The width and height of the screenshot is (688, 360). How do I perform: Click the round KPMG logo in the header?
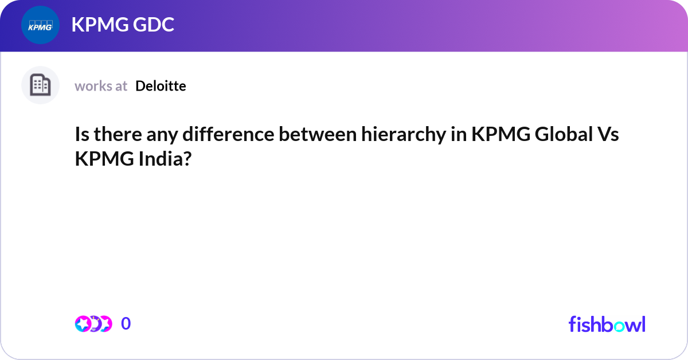tap(40, 25)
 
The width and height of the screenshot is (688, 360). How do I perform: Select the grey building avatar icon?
tap(40, 85)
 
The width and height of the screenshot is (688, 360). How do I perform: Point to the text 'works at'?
tap(101, 86)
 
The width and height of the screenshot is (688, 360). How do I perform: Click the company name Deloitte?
tap(161, 86)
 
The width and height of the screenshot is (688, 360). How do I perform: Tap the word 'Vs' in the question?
tap(607, 136)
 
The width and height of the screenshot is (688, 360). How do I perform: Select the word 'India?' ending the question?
tap(164, 159)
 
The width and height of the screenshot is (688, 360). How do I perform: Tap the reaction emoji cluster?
tap(93, 324)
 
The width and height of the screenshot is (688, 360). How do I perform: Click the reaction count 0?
tap(126, 324)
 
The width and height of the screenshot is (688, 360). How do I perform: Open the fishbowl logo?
tap(607, 324)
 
